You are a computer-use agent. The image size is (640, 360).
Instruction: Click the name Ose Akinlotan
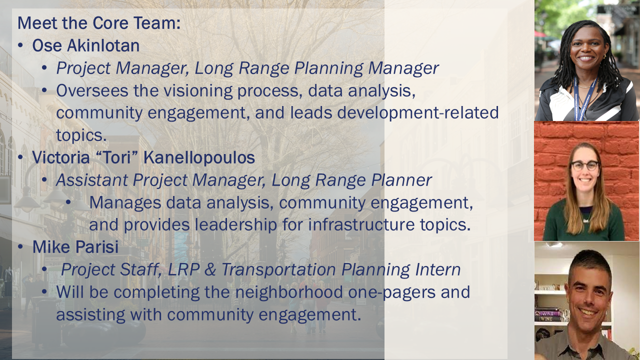coord(85,45)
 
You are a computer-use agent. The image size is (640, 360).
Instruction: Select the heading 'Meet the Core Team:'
coord(99,23)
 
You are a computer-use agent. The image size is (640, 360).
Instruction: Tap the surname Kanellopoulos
coord(199,157)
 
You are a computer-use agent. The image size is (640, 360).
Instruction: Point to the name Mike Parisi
coord(75,247)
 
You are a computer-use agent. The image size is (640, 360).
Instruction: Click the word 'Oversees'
coord(92,91)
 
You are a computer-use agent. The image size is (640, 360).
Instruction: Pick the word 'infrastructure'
coord(361,224)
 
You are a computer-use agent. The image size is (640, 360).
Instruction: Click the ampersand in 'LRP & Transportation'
coord(210,269)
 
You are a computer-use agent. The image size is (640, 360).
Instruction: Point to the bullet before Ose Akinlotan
coord(20,45)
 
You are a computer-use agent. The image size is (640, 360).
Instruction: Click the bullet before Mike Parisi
coord(20,247)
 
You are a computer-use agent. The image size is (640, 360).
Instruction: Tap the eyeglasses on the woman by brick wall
coord(585,165)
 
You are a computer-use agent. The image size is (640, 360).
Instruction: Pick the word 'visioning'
coord(197,91)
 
